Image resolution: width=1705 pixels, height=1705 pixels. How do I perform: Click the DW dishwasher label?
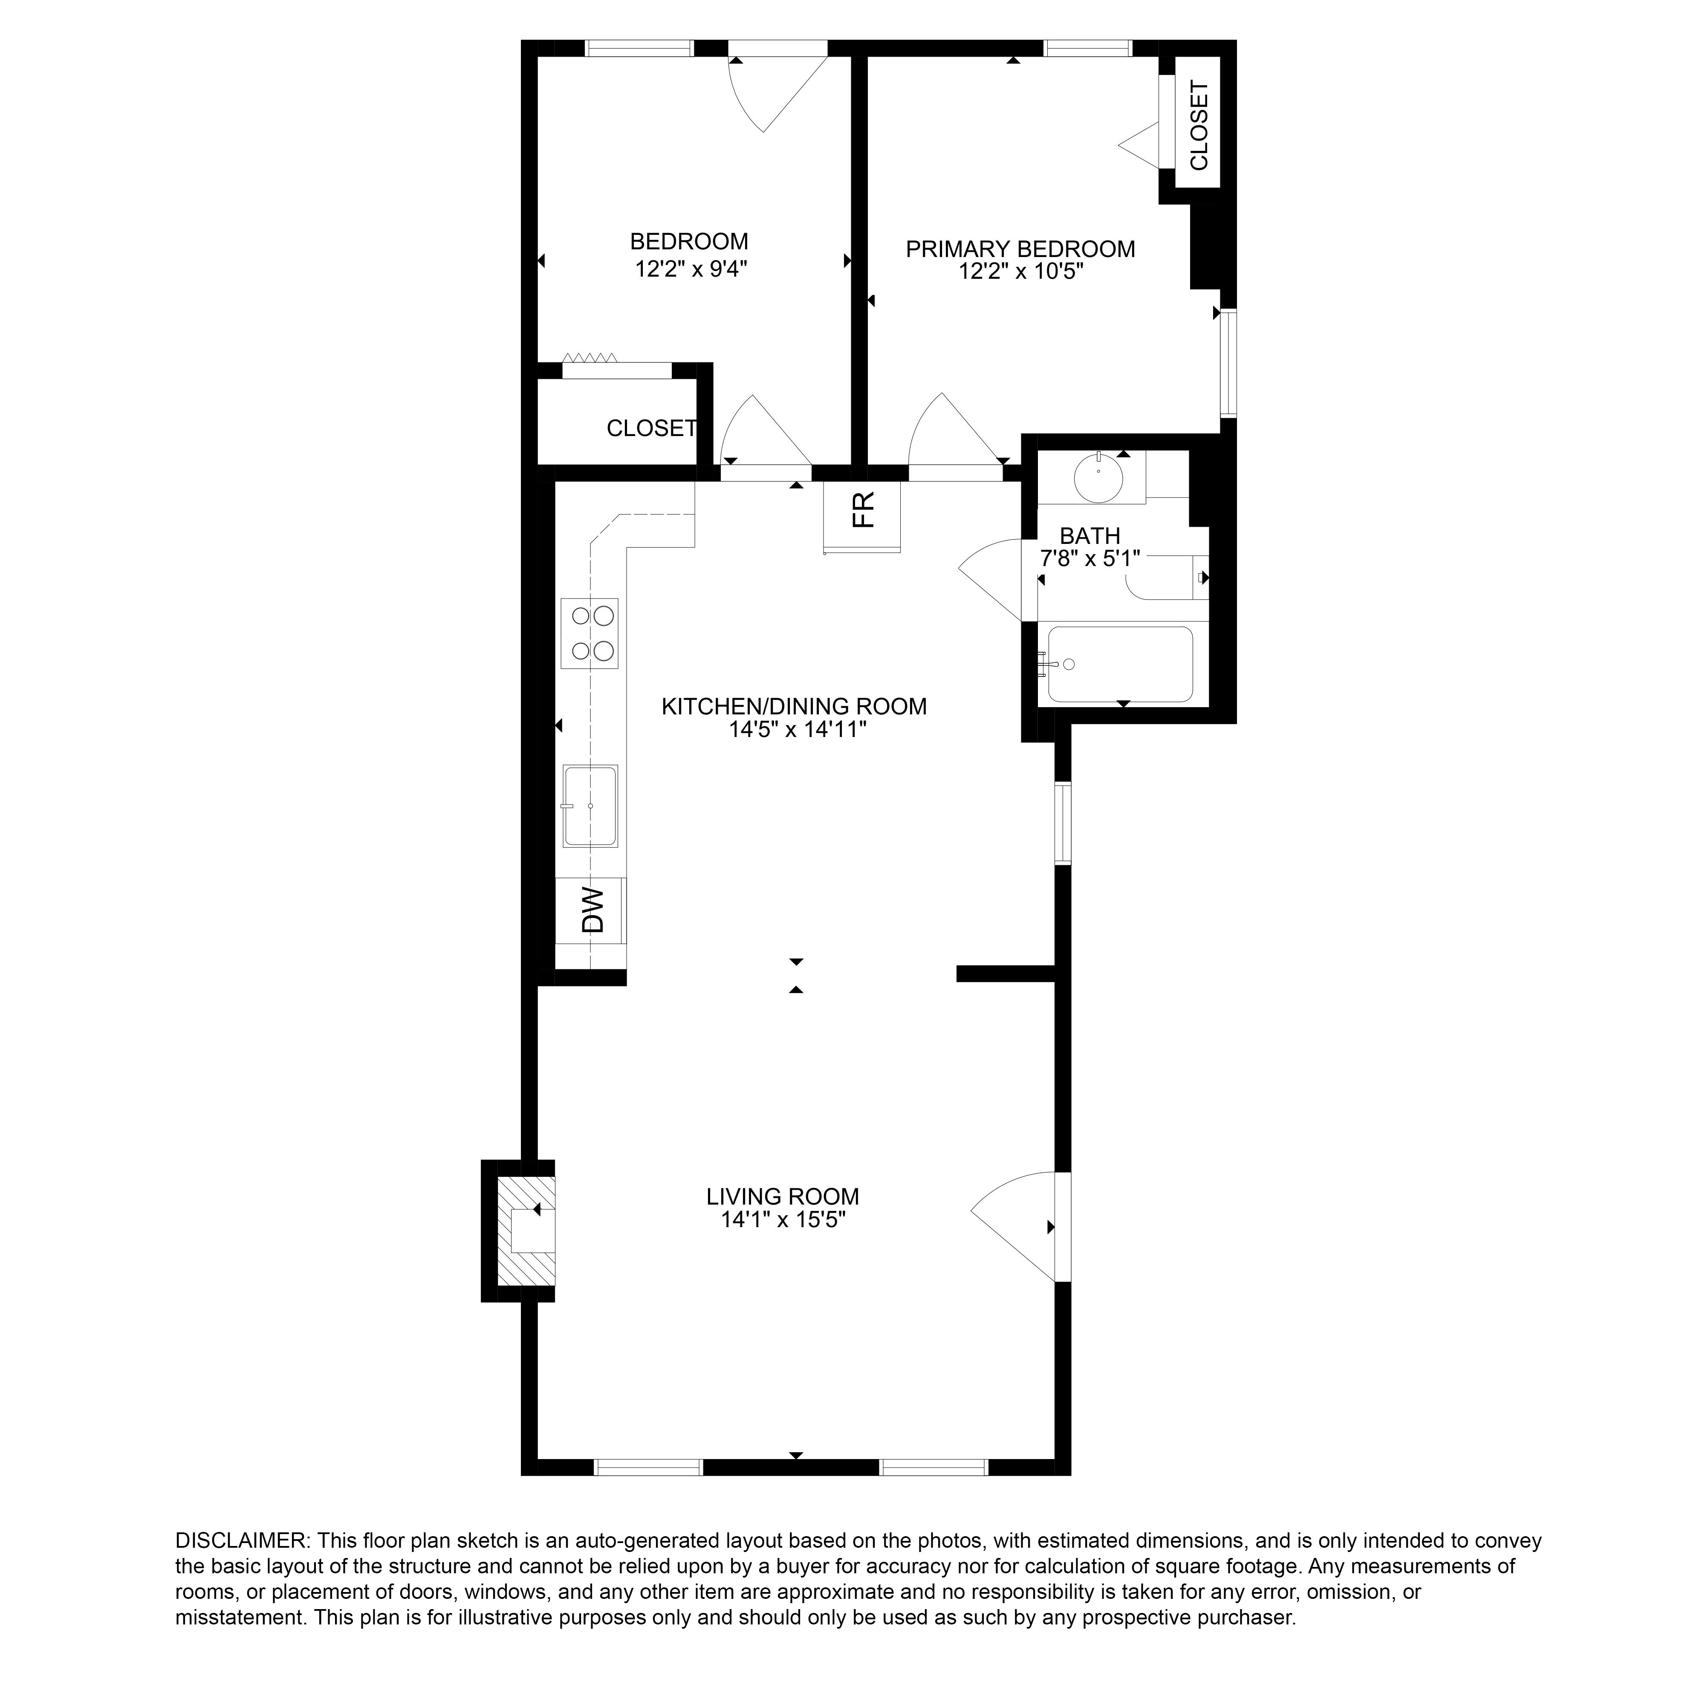point(593,910)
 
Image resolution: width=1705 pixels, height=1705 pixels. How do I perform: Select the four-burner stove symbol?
point(590,633)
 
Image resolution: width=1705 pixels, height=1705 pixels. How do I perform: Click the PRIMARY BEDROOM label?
point(1020,249)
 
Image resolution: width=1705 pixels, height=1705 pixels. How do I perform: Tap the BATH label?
point(1090,536)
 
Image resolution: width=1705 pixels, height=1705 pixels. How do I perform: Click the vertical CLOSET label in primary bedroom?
point(1199,125)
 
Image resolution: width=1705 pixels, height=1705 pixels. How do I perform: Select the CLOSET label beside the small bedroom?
point(651,428)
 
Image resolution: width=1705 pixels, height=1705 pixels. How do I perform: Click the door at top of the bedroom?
point(777,88)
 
